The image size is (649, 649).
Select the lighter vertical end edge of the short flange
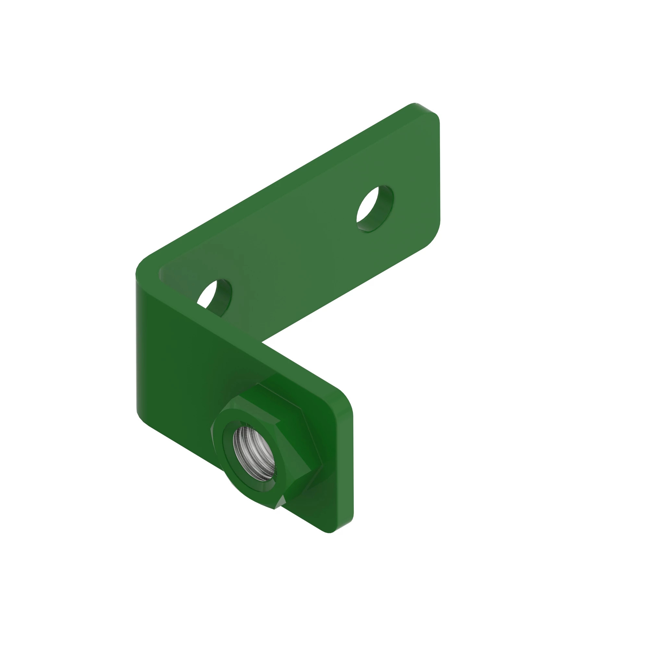coord(349,470)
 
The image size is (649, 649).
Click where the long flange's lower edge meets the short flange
coord(262,342)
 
